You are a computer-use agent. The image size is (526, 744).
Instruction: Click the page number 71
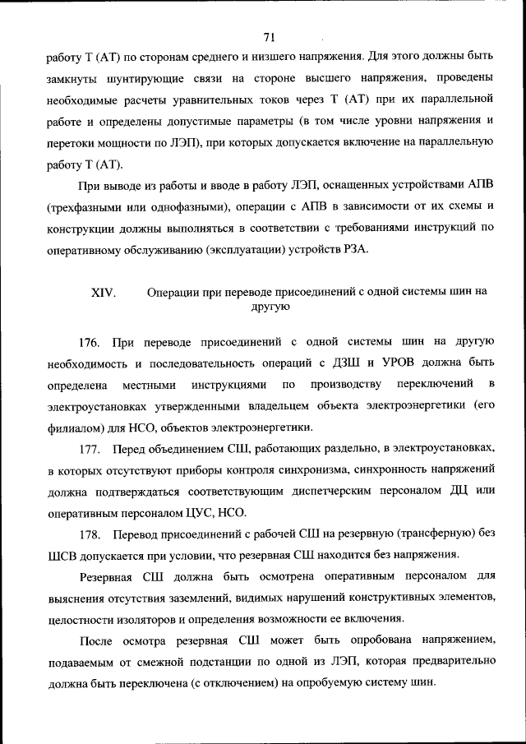coord(268,36)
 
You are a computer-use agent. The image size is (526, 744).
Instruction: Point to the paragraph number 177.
coord(90,448)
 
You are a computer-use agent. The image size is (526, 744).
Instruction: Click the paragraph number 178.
coord(90,534)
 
